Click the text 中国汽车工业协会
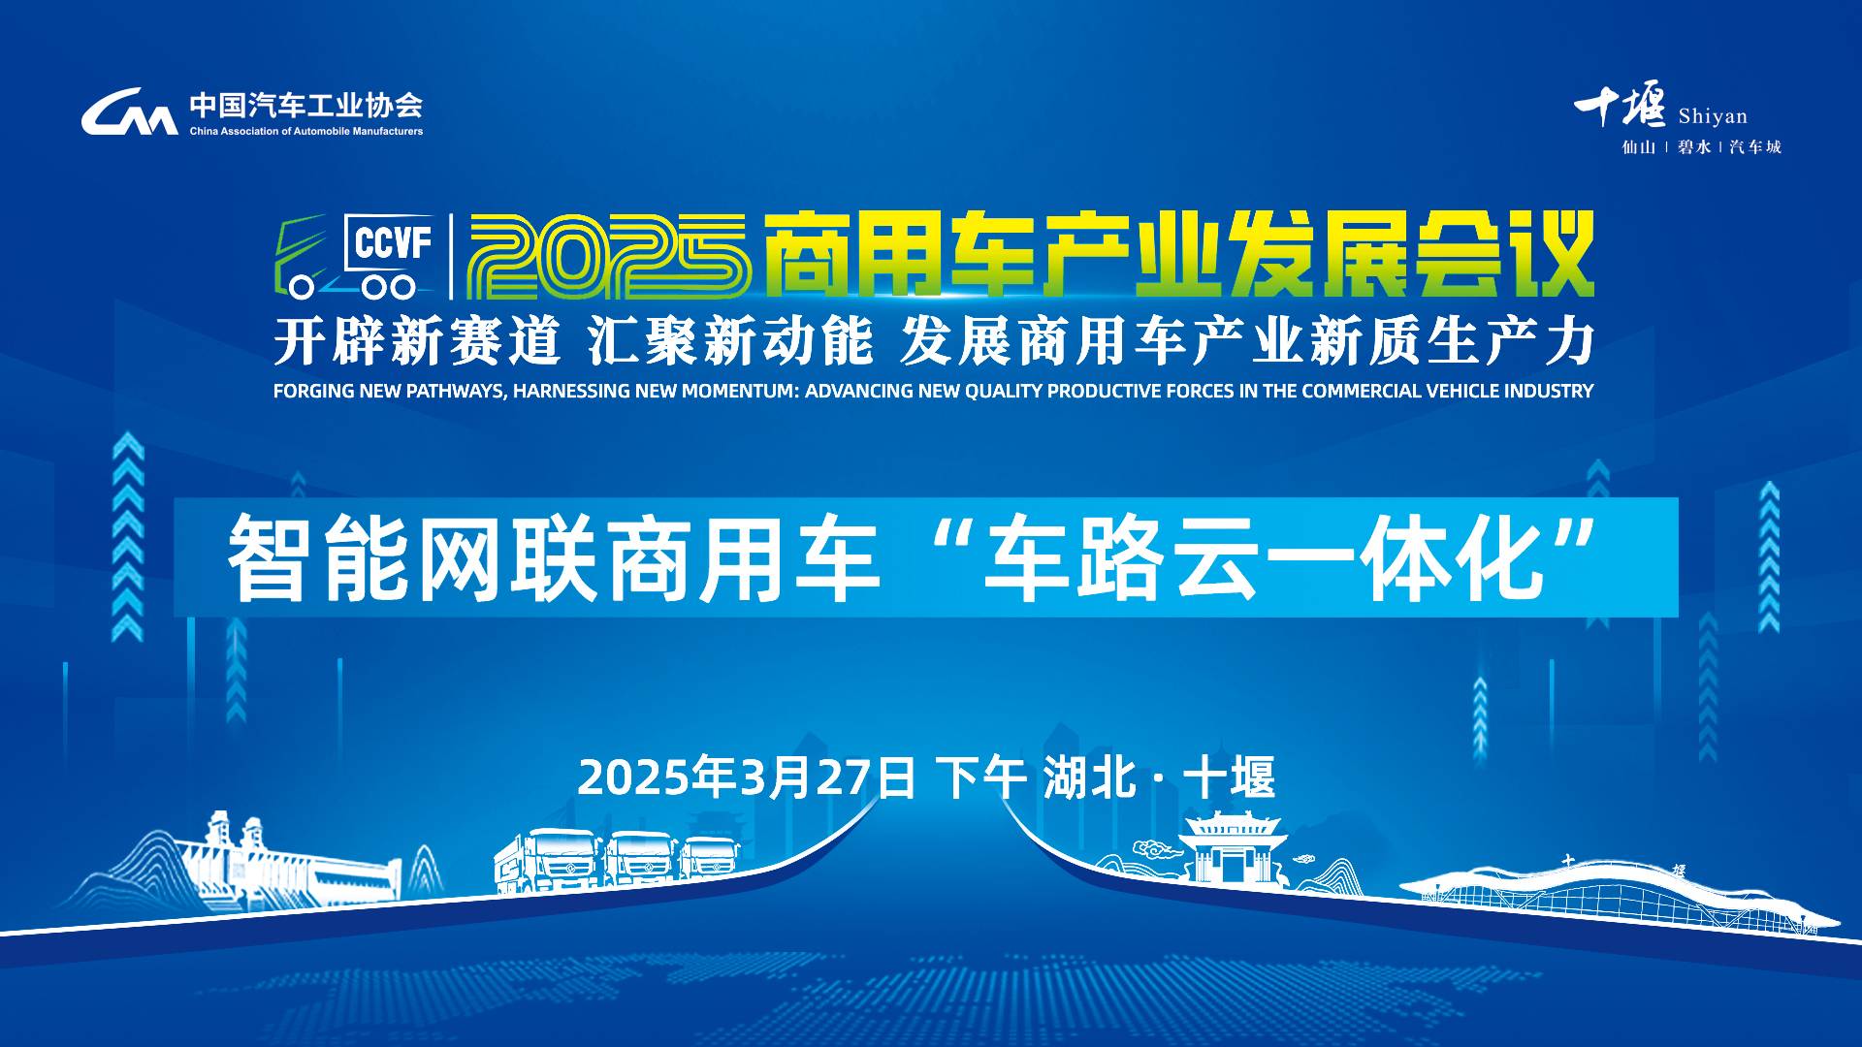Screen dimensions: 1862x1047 [306, 105]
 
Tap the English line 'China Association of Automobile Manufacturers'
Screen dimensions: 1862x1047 [306, 131]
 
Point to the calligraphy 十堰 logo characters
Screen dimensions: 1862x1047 [1620, 105]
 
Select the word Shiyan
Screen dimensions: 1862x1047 [1713, 116]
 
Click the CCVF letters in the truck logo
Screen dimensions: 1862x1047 [393, 242]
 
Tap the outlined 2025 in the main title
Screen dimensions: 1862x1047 [609, 255]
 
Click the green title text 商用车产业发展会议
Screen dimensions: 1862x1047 [1178, 254]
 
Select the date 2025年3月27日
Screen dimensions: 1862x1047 [747, 777]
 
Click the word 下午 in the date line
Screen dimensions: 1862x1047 [980, 777]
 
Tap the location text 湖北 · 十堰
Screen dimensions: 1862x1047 [1160, 777]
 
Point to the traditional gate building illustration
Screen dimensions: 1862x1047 [1233, 847]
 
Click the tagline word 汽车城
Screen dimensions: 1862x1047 [1755, 147]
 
